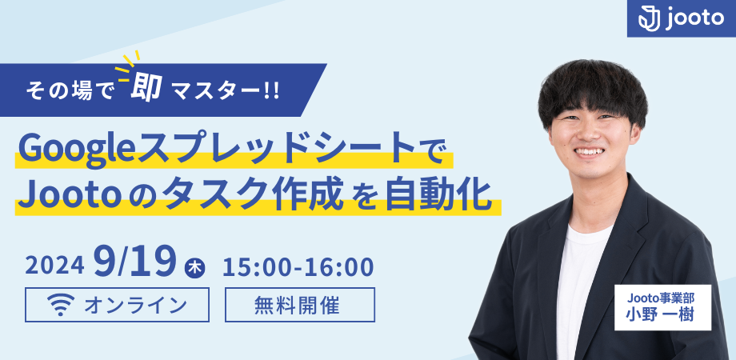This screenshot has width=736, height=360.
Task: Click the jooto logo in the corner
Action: click(x=681, y=18)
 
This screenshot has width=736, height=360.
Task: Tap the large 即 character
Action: click(x=146, y=88)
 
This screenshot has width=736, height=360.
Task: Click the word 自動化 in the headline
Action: click(x=438, y=195)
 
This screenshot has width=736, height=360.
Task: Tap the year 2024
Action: click(x=54, y=266)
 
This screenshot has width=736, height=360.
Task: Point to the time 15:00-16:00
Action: click(x=298, y=266)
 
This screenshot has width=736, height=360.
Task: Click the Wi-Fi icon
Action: click(x=61, y=304)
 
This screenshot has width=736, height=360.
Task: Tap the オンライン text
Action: click(x=135, y=305)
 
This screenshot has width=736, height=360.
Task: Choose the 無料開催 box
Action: click(x=300, y=305)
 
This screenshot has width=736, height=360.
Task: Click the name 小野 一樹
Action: click(x=662, y=314)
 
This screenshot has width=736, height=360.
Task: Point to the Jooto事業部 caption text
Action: click(x=662, y=298)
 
